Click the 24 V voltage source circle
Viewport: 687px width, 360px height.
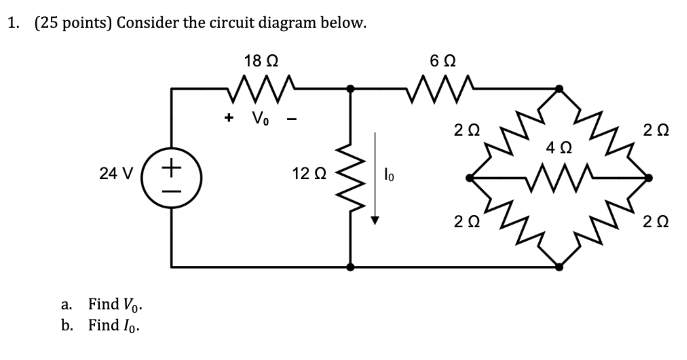point(171,179)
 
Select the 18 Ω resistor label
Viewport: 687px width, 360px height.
point(261,61)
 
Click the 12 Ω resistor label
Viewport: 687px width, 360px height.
point(309,174)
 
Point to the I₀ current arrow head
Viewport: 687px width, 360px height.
point(375,220)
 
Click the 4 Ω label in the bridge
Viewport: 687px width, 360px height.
point(559,148)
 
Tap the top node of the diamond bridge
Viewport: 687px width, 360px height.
point(559,88)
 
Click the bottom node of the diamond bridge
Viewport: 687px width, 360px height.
point(559,267)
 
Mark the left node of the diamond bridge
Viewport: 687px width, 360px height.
point(470,178)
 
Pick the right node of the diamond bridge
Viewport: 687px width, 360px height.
point(648,178)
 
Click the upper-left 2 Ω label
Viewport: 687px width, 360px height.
point(466,131)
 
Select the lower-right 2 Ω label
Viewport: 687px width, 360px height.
point(655,223)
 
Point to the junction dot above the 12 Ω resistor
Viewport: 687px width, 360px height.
point(351,88)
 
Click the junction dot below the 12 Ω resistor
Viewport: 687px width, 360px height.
point(351,267)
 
